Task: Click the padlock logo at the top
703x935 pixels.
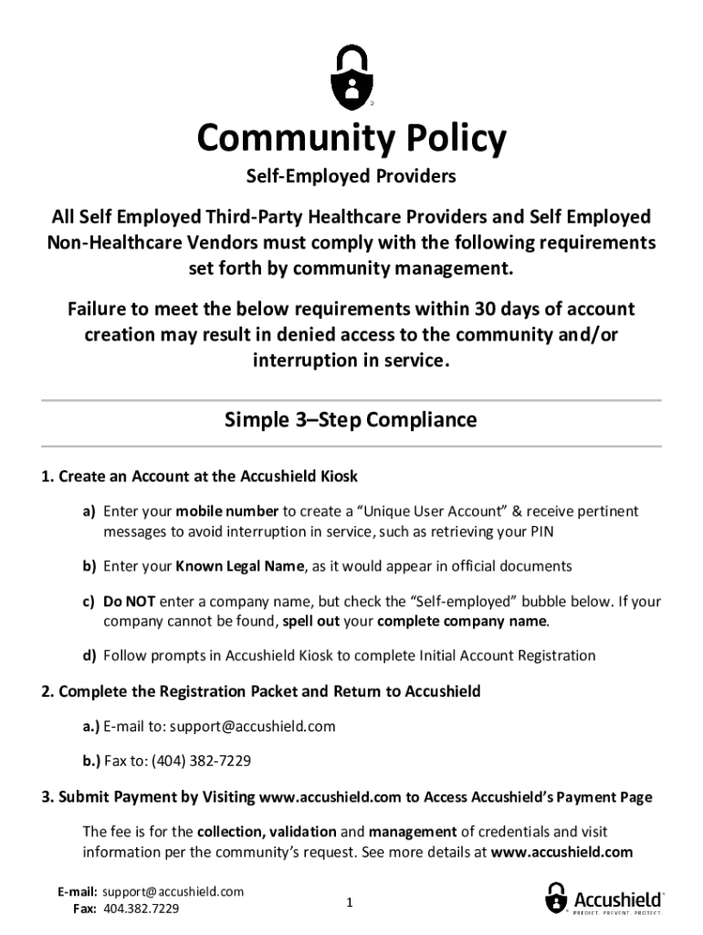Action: (351, 76)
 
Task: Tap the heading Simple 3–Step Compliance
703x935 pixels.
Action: (351, 420)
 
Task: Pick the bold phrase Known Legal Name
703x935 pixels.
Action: (240, 566)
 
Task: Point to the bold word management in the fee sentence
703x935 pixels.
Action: (413, 832)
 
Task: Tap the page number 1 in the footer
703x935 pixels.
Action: (349, 903)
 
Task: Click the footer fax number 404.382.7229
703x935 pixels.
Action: (142, 909)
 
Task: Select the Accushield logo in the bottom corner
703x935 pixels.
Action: (604, 898)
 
